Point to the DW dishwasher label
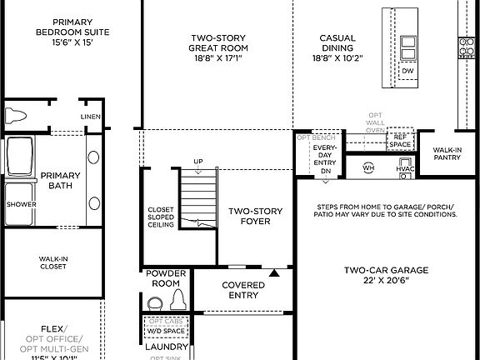(x=407, y=72)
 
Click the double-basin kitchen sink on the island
(x=408, y=48)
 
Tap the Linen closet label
(x=90, y=117)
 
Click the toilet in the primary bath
(x=17, y=115)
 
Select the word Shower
(x=21, y=203)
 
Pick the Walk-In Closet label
(x=54, y=263)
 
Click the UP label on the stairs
(x=197, y=162)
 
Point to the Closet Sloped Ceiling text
(x=161, y=217)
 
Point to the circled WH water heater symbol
(x=368, y=167)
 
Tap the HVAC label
(x=405, y=168)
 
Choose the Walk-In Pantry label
(x=447, y=155)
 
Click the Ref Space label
(x=401, y=140)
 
